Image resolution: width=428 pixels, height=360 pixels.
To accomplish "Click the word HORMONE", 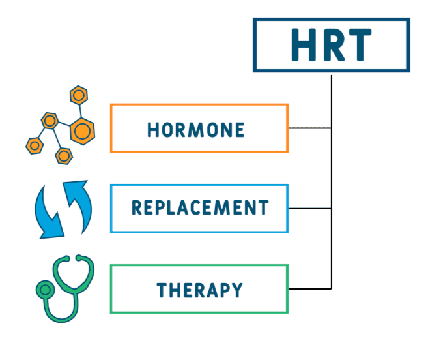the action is (195, 130).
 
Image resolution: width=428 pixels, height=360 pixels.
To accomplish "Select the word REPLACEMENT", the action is (200, 207).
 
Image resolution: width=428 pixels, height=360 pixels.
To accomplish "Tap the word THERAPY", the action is (199, 290).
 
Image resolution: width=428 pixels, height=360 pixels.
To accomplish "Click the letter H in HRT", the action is (304, 44).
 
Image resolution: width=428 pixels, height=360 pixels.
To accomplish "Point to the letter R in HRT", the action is (334, 44).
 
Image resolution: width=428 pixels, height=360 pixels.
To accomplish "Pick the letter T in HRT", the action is (358, 44).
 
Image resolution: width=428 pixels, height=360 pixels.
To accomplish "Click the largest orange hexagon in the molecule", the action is (82, 131).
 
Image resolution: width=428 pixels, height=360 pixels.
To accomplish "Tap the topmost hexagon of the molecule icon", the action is (79, 95).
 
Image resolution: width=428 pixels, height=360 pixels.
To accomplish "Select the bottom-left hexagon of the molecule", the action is (35, 145).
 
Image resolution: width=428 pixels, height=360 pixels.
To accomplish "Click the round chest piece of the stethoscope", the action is (46, 290).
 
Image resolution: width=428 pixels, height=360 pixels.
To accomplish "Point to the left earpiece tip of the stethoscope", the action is (66, 258).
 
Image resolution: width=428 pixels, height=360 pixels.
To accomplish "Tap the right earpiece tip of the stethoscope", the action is (79, 258).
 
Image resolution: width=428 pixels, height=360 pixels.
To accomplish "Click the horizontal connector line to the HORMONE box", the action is (310, 128).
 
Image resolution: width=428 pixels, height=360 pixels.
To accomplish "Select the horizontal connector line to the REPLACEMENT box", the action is (310, 208).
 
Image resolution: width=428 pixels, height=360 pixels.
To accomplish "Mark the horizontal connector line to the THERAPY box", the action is (310, 289).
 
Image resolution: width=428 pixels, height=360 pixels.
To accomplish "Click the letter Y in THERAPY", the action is (237, 290).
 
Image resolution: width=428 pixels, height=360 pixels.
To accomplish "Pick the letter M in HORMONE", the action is (196, 130).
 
